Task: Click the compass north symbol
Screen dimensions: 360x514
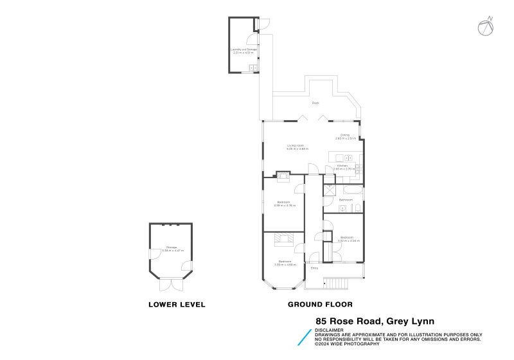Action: pos(486,26)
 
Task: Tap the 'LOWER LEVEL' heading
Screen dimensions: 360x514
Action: pos(177,304)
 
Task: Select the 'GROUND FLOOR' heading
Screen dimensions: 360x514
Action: pos(320,304)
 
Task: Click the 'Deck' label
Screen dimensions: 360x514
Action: pos(315,103)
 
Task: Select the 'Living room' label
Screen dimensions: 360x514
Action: pos(295,146)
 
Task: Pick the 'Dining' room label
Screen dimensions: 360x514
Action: pos(345,135)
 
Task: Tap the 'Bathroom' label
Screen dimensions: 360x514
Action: pos(346,200)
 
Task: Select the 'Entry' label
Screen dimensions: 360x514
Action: pos(314,268)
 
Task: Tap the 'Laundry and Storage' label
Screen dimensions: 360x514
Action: pos(244,49)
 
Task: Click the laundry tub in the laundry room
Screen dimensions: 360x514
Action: pos(254,67)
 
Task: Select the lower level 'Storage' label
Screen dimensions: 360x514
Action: pos(172,248)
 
